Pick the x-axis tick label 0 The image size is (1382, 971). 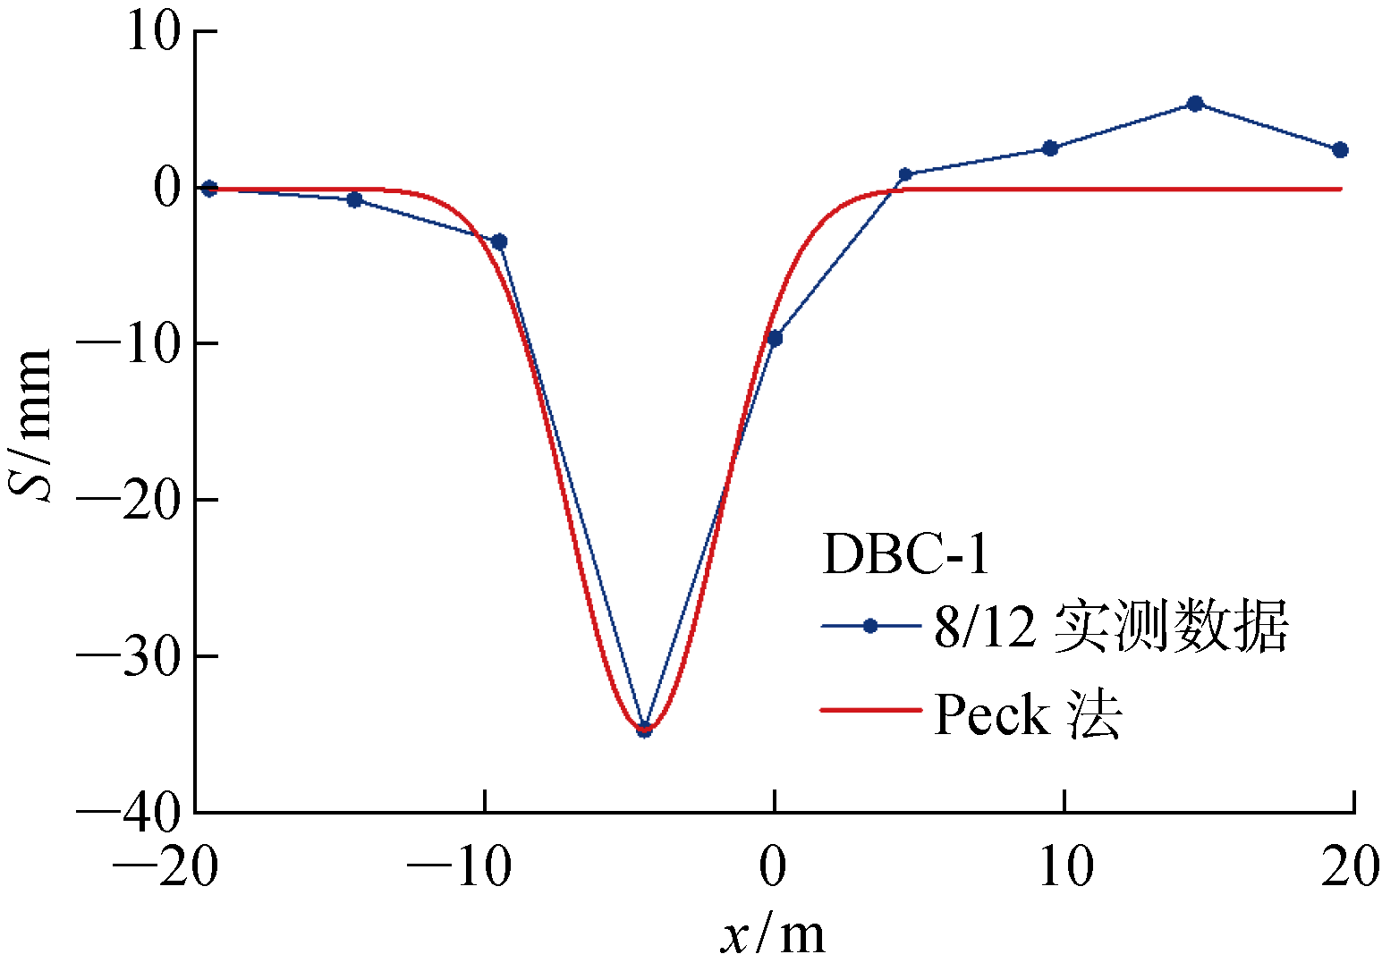pos(774,866)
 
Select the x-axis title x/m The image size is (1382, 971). pos(774,935)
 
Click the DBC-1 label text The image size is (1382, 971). pos(905,554)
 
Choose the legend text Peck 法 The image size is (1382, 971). pos(1028,714)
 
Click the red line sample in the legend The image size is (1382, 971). pos(870,711)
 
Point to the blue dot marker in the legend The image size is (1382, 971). pos(870,626)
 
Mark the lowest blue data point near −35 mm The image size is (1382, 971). pos(644,730)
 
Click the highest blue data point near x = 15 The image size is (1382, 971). pos(1194,104)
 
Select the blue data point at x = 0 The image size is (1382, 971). pos(775,338)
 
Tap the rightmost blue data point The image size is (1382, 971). pos(1340,150)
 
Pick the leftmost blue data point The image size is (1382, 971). pos(209,188)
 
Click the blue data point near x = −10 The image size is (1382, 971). pos(499,241)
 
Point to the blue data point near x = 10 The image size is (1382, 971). pos(1050,148)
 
